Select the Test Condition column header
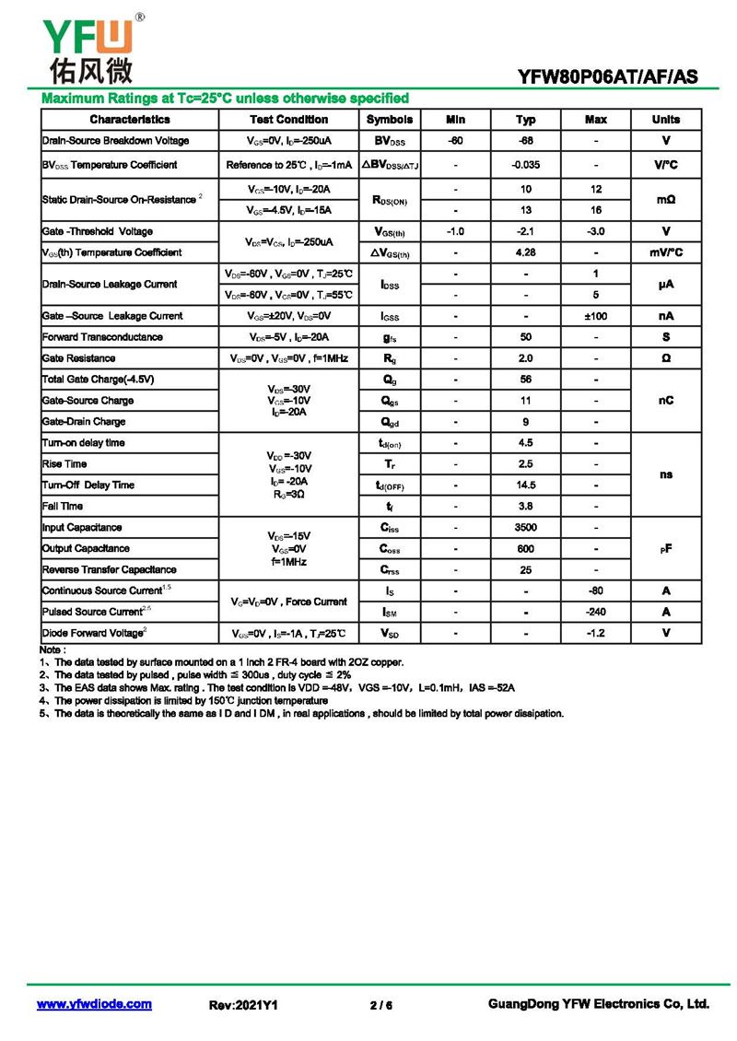pyautogui.click(x=288, y=120)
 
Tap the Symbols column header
pyautogui.click(x=390, y=120)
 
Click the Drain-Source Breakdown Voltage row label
pyautogui.click(x=115, y=141)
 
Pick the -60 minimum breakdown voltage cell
pyautogui.click(x=455, y=141)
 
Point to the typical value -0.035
pyautogui.click(x=525, y=165)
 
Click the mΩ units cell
pyautogui.click(x=665, y=199)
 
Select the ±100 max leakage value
pyautogui.click(x=596, y=316)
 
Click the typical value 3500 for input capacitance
pyautogui.click(x=525, y=528)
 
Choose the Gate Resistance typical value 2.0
pyautogui.click(x=525, y=358)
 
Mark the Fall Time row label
pyautogui.click(x=63, y=507)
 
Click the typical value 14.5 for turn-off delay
pyautogui.click(x=525, y=485)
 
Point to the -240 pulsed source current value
pyautogui.click(x=596, y=612)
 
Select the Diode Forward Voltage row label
pyautogui.click(x=93, y=633)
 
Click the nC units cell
pyautogui.click(x=665, y=401)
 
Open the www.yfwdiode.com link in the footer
pyautogui.click(x=94, y=1004)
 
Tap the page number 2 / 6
pyautogui.click(x=380, y=1005)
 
